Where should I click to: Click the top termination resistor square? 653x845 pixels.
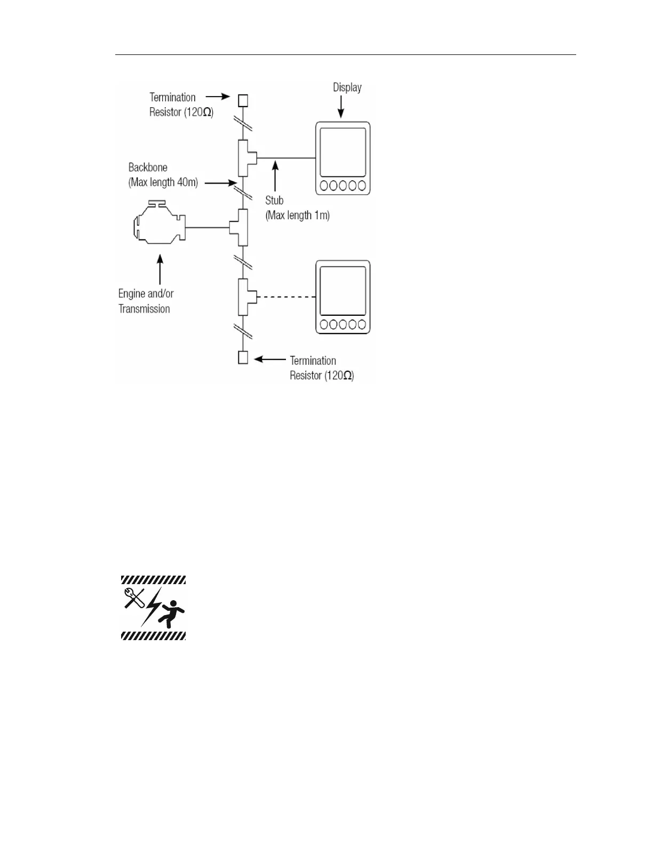pos(243,100)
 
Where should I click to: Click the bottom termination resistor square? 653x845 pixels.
pos(243,357)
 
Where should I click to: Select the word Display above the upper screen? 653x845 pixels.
pos(347,87)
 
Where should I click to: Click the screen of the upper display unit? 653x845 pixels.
pos(343,152)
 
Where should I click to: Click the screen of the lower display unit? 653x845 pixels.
pos(343,291)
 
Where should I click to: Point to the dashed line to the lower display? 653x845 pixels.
pos(286,297)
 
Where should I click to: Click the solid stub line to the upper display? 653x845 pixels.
pos(286,158)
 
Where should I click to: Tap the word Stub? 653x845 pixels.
pos(274,201)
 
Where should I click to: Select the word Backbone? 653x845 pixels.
pos(148,168)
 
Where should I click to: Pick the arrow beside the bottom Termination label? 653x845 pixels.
pos(270,360)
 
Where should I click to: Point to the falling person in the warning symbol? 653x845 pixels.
pos(173,614)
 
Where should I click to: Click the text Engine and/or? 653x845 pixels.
pos(146,294)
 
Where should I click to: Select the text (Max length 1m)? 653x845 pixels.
pos(297,216)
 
